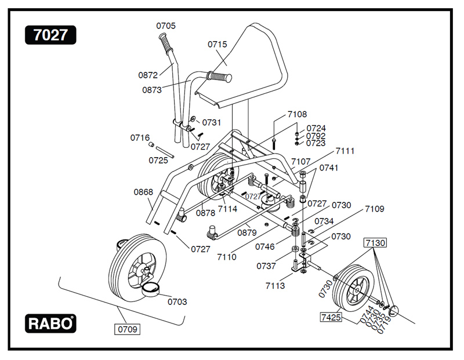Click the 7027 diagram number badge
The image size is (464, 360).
(x=50, y=35)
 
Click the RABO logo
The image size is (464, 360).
(x=50, y=323)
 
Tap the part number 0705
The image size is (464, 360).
(x=166, y=26)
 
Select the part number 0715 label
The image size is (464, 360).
(x=217, y=44)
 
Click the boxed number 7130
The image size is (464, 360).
(x=375, y=242)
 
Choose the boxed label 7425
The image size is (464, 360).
(x=330, y=317)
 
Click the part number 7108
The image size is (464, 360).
(x=298, y=114)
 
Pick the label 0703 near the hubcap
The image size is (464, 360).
(x=177, y=301)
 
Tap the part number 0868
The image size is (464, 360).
(x=143, y=192)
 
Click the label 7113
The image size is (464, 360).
(x=275, y=286)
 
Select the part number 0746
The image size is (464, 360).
(x=264, y=246)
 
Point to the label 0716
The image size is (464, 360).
(x=140, y=137)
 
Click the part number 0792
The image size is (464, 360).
(x=316, y=136)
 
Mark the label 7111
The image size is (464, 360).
(x=345, y=151)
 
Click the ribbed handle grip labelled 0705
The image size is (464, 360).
(x=165, y=42)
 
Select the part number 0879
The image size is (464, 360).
(x=247, y=232)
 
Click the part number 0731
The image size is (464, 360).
(x=212, y=122)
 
